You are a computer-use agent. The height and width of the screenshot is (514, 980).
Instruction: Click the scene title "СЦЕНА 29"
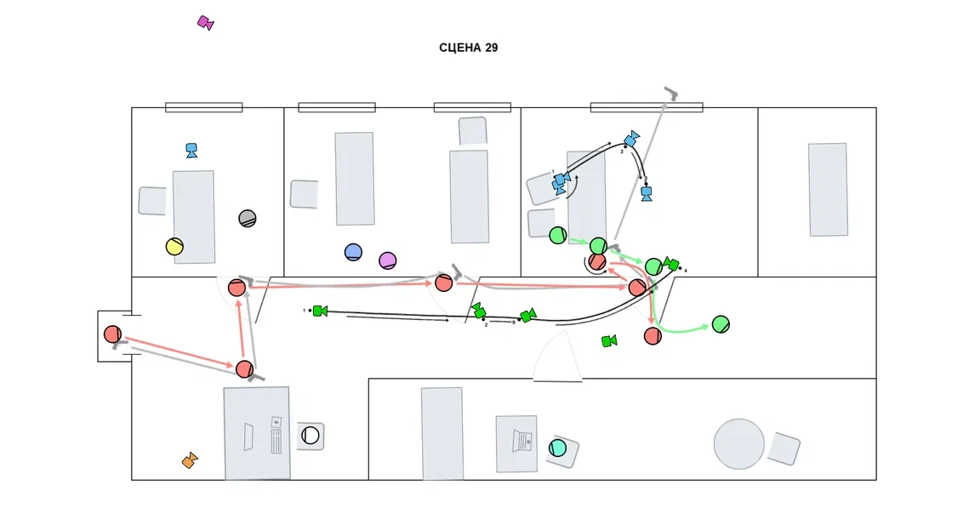pyautogui.click(x=468, y=48)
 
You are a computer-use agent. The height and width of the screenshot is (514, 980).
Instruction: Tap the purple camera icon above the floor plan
pyautogui.click(x=205, y=22)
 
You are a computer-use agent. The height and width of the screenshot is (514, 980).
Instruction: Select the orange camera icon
pyautogui.click(x=190, y=460)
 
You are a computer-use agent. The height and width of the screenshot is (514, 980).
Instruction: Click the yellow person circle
pyautogui.click(x=174, y=247)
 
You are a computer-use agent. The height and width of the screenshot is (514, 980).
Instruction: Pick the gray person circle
pyautogui.click(x=248, y=218)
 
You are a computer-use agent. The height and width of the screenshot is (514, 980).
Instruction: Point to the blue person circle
pyautogui.click(x=354, y=252)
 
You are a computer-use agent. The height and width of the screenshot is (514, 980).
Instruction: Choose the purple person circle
pyautogui.click(x=388, y=260)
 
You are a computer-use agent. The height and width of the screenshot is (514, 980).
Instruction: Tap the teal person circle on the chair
pyautogui.click(x=558, y=448)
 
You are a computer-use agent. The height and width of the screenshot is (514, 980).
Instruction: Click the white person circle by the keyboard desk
pyautogui.click(x=311, y=436)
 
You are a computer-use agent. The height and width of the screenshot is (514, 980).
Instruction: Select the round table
pyautogui.click(x=738, y=443)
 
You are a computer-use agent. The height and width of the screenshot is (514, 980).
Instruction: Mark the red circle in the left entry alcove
pyautogui.click(x=113, y=334)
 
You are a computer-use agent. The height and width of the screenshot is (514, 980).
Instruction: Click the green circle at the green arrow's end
pyautogui.click(x=721, y=324)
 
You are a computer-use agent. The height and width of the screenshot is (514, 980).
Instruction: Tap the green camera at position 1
pyautogui.click(x=319, y=311)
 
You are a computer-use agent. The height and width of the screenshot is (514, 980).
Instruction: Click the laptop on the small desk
pyautogui.click(x=521, y=441)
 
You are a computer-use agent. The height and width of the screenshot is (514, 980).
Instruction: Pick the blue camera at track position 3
pyautogui.click(x=647, y=193)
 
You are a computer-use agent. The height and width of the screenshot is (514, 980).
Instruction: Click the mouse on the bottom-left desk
pyautogui.click(x=276, y=421)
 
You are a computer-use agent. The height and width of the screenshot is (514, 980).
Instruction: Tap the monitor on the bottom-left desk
pyautogui.click(x=248, y=437)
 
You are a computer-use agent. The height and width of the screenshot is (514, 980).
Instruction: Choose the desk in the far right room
pyautogui.click(x=828, y=190)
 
